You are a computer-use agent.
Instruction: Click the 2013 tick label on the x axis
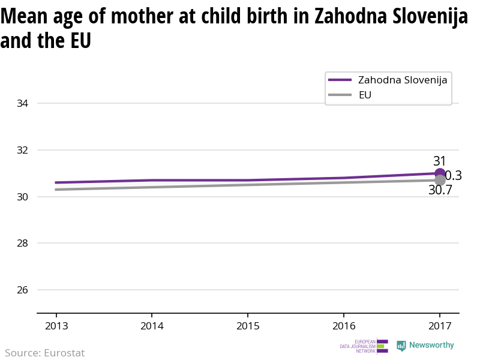coord(56,326)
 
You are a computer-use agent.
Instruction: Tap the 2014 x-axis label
coord(152,326)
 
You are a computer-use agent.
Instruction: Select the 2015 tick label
coord(248,326)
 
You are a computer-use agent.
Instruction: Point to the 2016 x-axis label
coord(343,326)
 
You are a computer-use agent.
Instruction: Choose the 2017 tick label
coord(439,326)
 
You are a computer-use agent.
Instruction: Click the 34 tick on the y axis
coord(23,103)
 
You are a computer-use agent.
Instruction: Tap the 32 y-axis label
coord(23,150)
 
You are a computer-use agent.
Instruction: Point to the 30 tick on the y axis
coord(23,197)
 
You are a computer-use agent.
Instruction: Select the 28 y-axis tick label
coord(23,243)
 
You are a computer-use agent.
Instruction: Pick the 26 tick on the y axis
coord(23,290)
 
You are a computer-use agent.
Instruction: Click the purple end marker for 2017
coord(439,173)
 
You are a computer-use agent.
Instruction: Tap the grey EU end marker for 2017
coord(440,180)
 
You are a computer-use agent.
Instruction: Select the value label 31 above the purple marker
coord(440,161)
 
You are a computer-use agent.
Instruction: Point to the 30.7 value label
coord(440,190)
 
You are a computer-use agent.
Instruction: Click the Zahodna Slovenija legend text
coord(403,80)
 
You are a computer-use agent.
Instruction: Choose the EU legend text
coord(365,95)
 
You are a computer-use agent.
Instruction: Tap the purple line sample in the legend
coord(340,80)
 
